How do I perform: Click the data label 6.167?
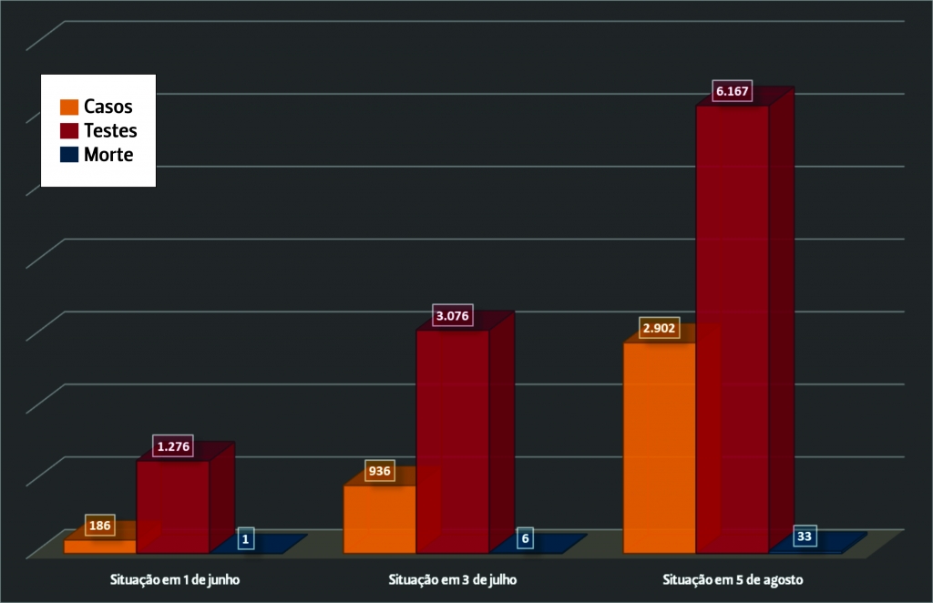(732, 91)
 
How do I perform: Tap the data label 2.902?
(660, 328)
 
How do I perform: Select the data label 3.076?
(452, 316)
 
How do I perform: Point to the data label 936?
(379, 471)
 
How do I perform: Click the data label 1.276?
(173, 446)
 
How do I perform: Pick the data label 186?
(100, 525)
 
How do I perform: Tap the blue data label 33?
(804, 536)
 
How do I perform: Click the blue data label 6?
(525, 538)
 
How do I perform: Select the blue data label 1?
(245, 538)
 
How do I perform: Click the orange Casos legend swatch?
(69, 107)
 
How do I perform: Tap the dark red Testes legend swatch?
(69, 131)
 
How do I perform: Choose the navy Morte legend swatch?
(69, 155)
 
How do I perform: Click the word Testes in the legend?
(110, 131)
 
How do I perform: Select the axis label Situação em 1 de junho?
(175, 580)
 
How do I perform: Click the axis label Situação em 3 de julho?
(452, 580)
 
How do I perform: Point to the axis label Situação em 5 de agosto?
(733, 580)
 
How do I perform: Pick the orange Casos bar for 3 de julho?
(380, 519)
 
